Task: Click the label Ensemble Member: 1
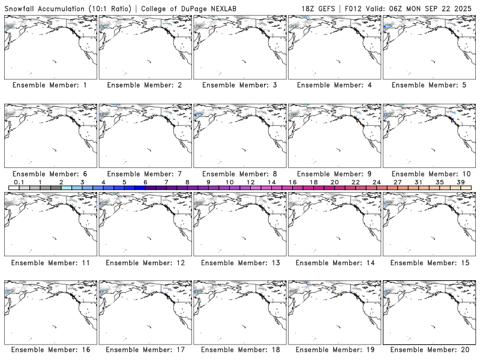pyautogui.click(x=50, y=85)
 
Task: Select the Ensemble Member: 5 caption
pyautogui.click(x=429, y=85)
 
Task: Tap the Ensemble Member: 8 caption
pyautogui.click(x=239, y=174)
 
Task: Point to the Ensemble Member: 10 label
pyautogui.click(x=429, y=174)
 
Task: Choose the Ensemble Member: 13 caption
pyautogui.click(x=239, y=263)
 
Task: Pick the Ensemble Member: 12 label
pyautogui.click(x=145, y=263)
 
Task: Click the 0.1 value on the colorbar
pyautogui.click(x=19, y=182)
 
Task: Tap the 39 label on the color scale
pyautogui.click(x=461, y=182)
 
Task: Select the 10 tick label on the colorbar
pyautogui.click(x=229, y=182)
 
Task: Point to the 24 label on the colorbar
pyautogui.click(x=377, y=182)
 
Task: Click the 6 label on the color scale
pyautogui.click(x=145, y=182)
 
